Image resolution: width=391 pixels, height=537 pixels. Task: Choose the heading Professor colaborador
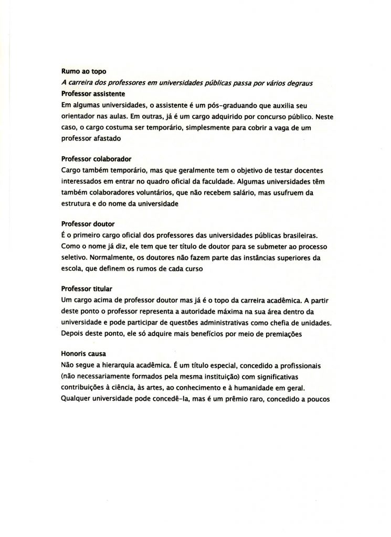point(96,158)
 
